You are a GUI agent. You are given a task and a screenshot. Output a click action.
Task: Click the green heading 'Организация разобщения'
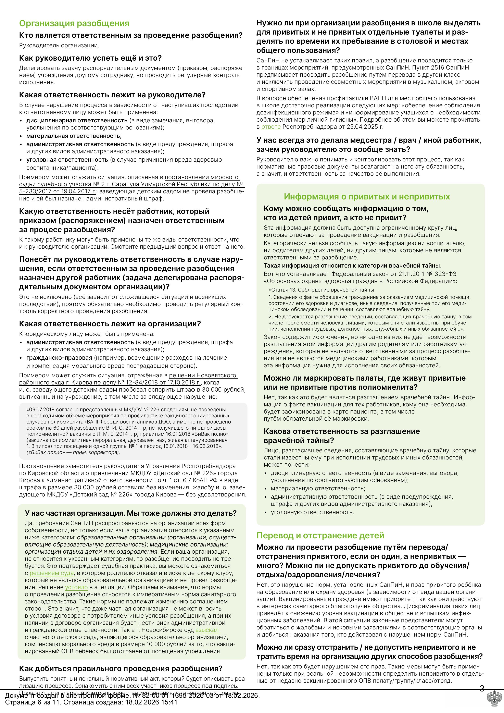(x=74, y=24)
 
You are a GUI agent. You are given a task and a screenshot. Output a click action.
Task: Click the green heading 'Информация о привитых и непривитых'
(x=367, y=197)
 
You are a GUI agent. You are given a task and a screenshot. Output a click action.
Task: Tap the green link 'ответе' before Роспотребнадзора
(x=271, y=127)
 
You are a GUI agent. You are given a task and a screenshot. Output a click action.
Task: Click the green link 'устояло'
(x=76, y=587)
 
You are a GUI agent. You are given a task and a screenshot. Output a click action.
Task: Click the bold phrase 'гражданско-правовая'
(x=59, y=358)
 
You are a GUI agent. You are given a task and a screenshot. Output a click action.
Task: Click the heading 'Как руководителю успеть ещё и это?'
(x=90, y=58)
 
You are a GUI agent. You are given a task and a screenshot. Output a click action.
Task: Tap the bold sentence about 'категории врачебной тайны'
(x=353, y=266)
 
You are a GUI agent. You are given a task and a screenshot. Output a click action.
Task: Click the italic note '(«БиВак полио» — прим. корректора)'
(x=73, y=452)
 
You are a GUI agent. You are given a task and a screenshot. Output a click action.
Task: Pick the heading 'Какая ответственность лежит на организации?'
(x=110, y=324)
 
